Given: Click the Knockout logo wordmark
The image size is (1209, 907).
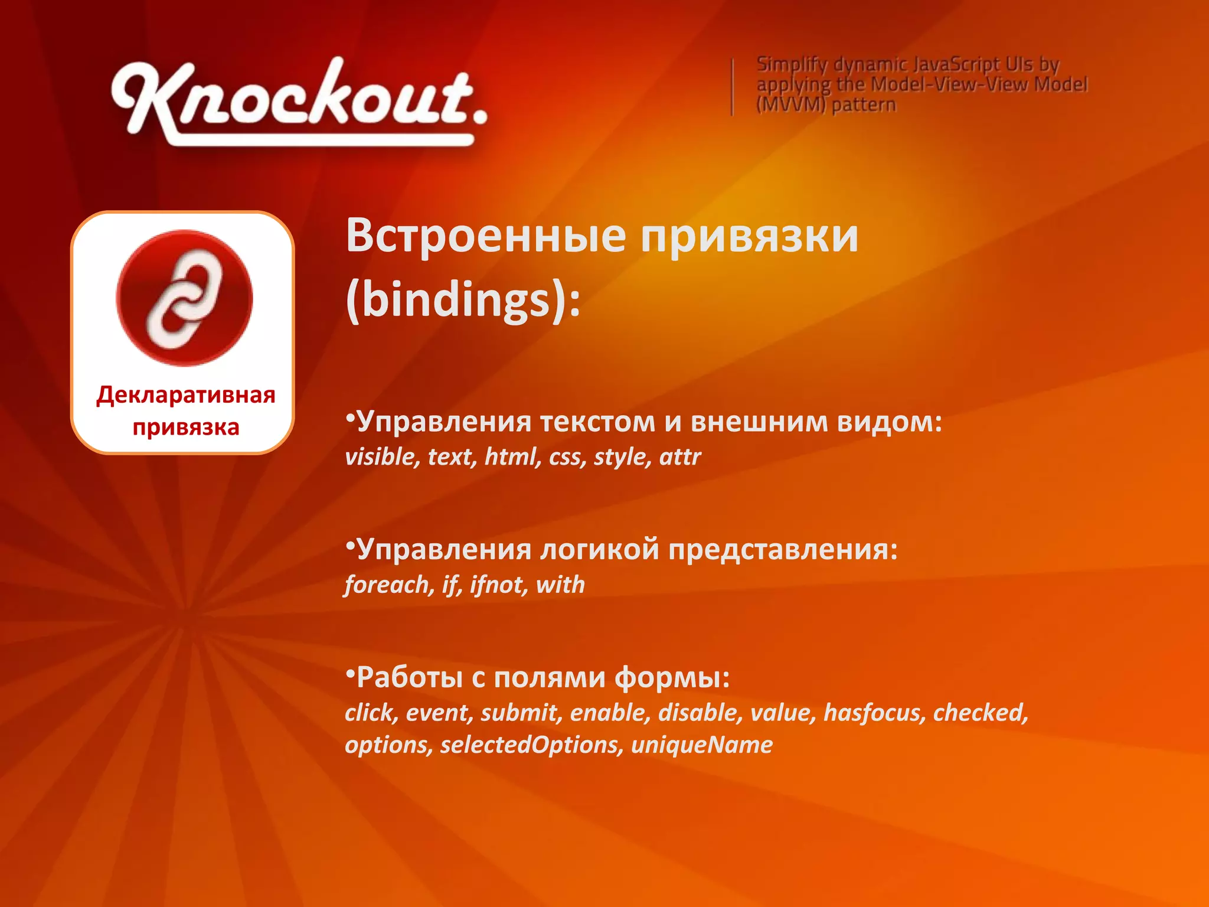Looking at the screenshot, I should click(x=298, y=100).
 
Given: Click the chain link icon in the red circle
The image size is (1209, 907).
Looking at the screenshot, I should click(x=184, y=298).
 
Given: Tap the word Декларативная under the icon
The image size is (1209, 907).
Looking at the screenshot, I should click(x=185, y=394).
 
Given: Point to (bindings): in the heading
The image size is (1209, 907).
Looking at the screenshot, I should click(x=463, y=300).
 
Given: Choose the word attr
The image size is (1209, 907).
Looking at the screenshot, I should click(x=680, y=456).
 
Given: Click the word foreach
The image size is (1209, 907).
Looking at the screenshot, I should click(x=389, y=585).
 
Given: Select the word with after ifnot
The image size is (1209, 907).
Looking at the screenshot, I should click(x=560, y=585).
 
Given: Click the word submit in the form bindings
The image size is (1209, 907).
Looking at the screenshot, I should click(x=519, y=713).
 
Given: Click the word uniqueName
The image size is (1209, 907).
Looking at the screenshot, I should click(x=701, y=745).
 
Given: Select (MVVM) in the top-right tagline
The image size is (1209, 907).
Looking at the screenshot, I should click(x=790, y=105).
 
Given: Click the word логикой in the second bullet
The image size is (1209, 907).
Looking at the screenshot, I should click(x=600, y=550).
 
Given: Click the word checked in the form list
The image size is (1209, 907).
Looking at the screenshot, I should click(x=980, y=713).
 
